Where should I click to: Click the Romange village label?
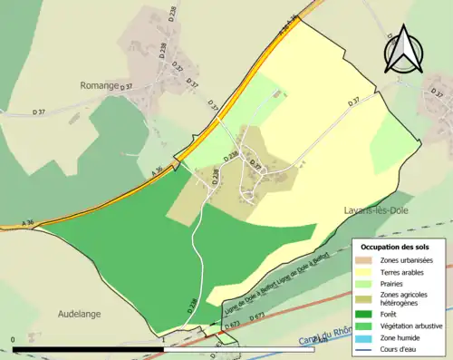tap(100, 85)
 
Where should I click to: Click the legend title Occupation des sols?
tap(395, 247)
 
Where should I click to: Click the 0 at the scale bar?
tap(14, 339)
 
